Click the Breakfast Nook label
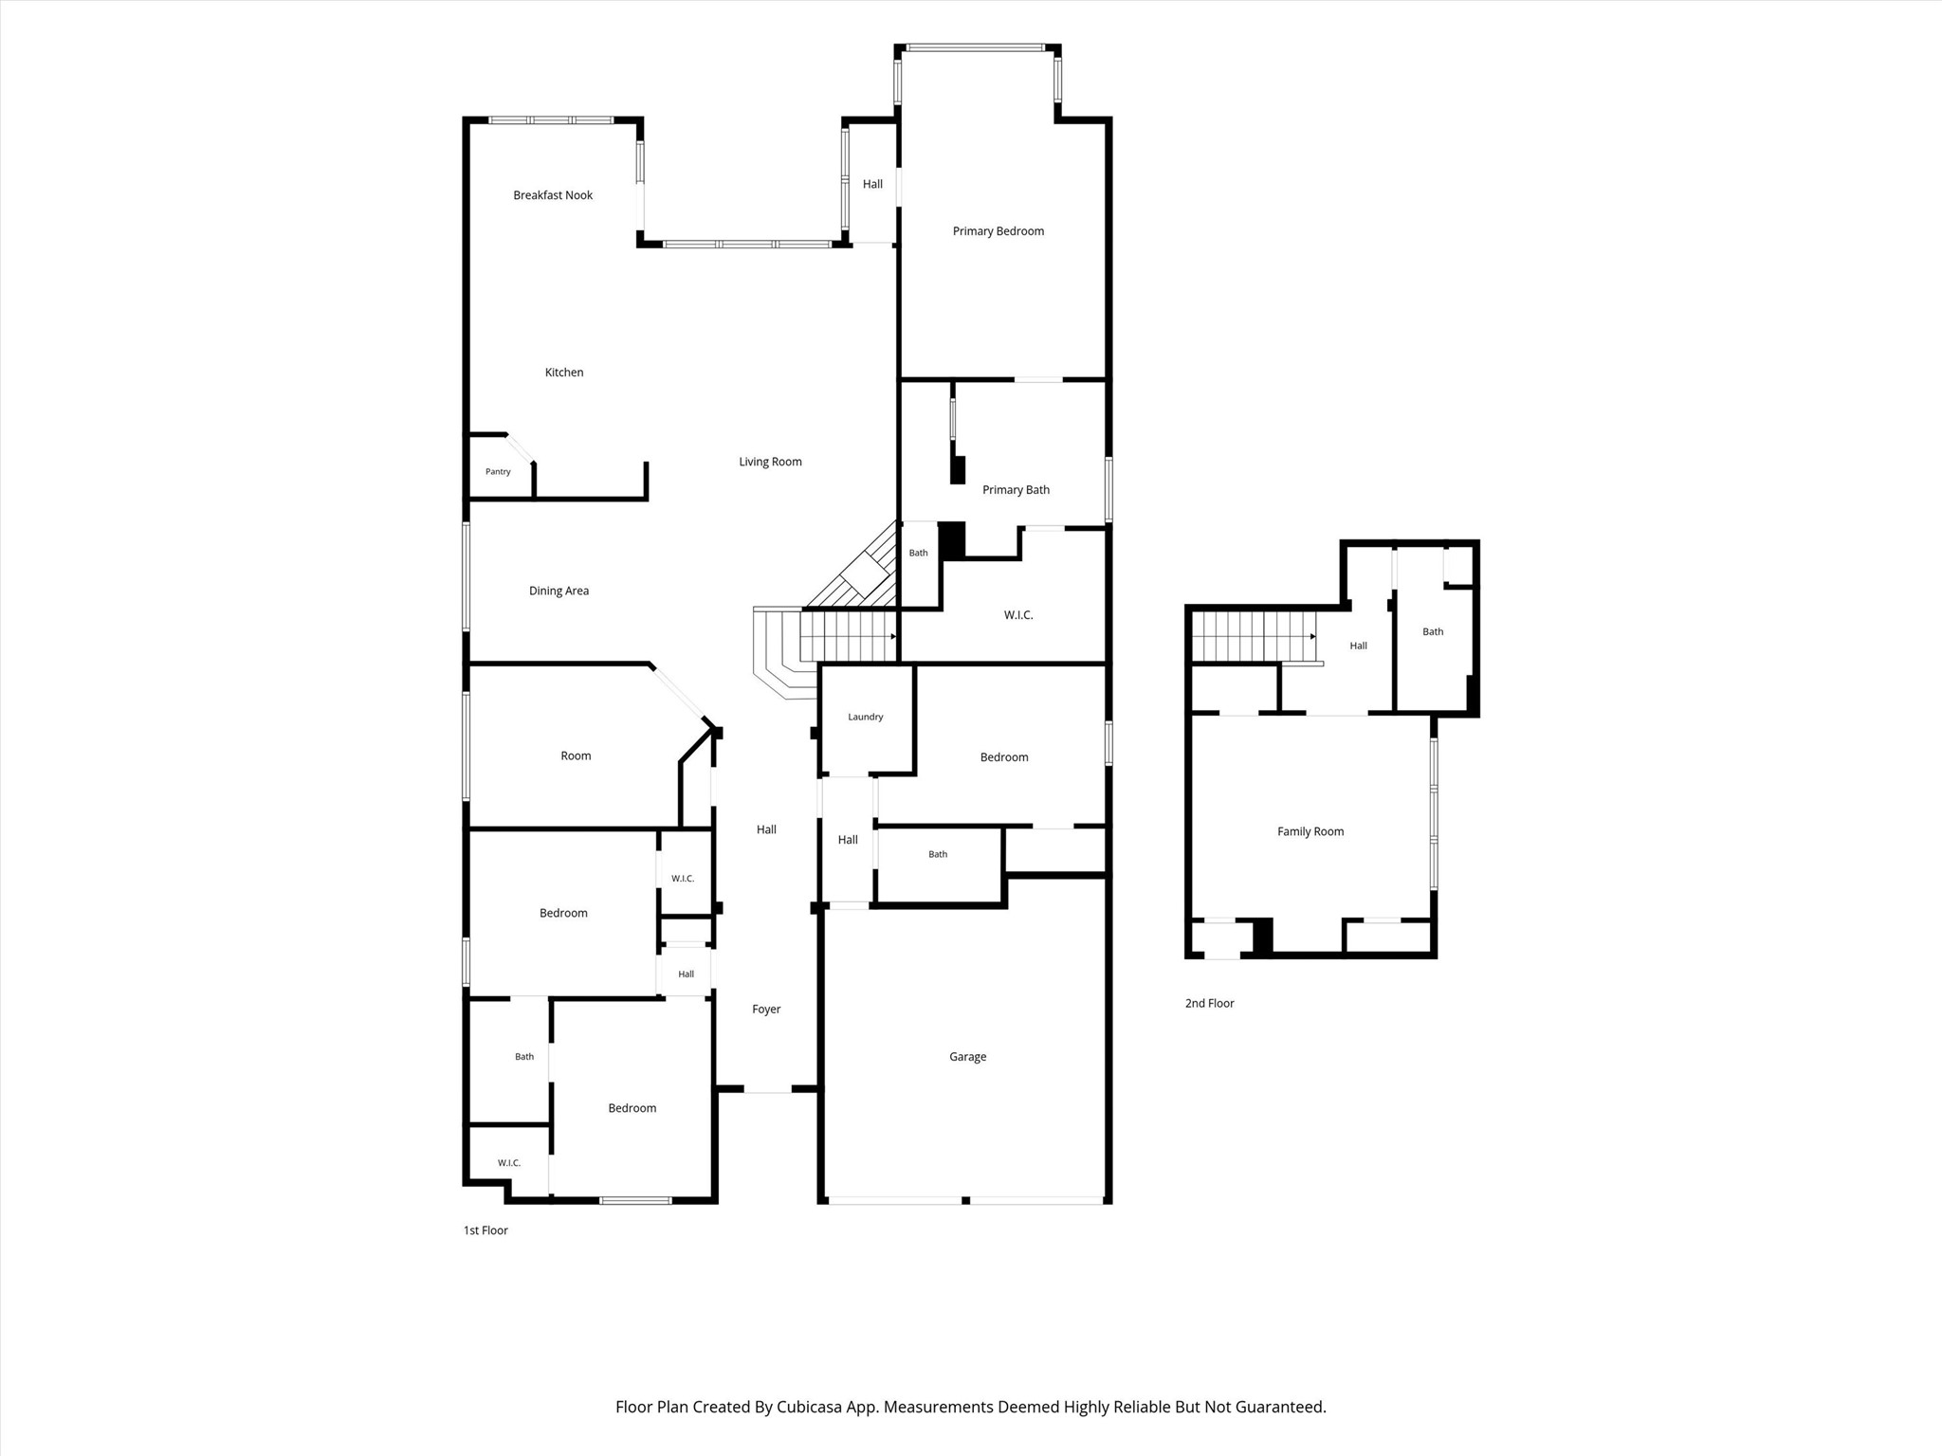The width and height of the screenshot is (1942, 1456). pos(553,195)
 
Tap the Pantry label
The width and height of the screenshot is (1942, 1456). pos(498,471)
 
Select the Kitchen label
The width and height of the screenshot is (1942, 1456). pos(564,373)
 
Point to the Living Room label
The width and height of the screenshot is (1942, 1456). pos(770,462)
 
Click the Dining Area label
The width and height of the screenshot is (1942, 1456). pos(559,591)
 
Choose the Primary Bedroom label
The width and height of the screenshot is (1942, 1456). pos(998,231)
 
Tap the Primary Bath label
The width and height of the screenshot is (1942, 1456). pos(1016,490)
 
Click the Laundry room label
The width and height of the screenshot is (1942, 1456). pos(865,717)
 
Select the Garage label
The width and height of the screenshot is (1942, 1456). pos(967,1057)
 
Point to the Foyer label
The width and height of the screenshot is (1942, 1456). pos(766,1010)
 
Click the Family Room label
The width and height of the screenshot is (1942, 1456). pos(1310,831)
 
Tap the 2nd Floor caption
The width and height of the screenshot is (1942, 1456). pos(1209,1003)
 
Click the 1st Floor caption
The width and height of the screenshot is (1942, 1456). pos(485,1230)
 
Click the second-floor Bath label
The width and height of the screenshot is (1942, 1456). pos(1433,631)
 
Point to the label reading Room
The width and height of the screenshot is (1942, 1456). pos(576,755)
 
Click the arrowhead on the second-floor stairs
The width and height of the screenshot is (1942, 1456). pos(1313,636)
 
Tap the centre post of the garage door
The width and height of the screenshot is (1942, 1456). pos(965,1201)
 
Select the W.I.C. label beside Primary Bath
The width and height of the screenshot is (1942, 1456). pos(1018,615)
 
